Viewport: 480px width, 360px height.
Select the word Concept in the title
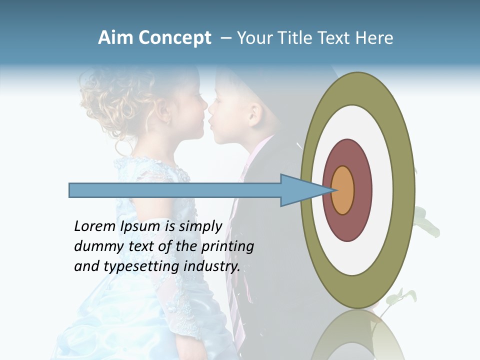coord(174,38)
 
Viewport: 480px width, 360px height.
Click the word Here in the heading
coord(374,38)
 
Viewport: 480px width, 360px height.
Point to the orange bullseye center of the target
coord(342,190)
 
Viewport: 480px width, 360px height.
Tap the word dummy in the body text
coord(95,246)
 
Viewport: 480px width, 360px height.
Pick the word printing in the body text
coord(227,246)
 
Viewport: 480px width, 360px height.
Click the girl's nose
coord(204,105)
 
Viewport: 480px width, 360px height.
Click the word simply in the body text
coord(200,227)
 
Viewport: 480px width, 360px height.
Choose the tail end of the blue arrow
coord(71,190)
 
